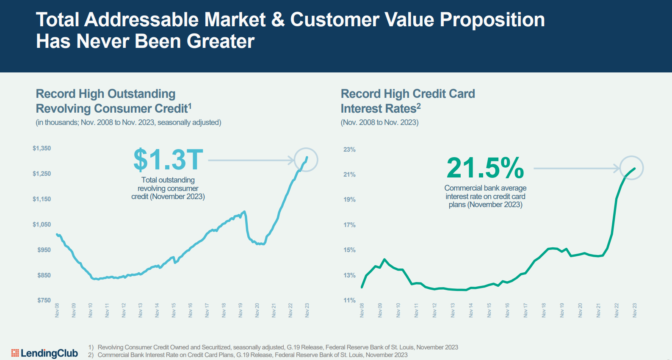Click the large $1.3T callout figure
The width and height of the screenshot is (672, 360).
pos(168,160)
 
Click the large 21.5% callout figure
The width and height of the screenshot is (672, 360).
pos(485,168)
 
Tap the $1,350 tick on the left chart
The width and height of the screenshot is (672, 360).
pos(41,148)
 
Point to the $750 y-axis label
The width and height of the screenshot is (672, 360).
pos(44,300)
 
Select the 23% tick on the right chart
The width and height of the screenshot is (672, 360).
pos(349,150)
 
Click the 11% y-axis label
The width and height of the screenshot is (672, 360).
pos(349,300)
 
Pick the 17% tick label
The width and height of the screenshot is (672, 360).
pos(349,225)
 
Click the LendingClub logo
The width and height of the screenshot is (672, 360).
pos(44,353)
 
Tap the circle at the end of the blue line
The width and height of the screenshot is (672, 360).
pos(306,160)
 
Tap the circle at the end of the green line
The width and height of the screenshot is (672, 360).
pos(631,168)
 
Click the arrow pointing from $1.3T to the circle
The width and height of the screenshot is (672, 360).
pos(251,160)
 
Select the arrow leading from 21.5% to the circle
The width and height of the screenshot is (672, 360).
pos(576,168)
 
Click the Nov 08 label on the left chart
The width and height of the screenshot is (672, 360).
pos(57,310)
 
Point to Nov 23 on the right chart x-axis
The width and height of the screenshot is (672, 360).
pos(634,310)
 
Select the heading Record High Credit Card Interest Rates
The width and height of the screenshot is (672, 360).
pos(407,101)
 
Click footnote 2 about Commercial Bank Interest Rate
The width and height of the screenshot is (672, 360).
pos(252,355)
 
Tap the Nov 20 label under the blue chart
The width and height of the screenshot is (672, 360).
pos(257,310)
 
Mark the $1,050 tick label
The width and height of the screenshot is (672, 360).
pos(41,224)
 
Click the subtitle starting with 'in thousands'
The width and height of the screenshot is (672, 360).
pos(128,122)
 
